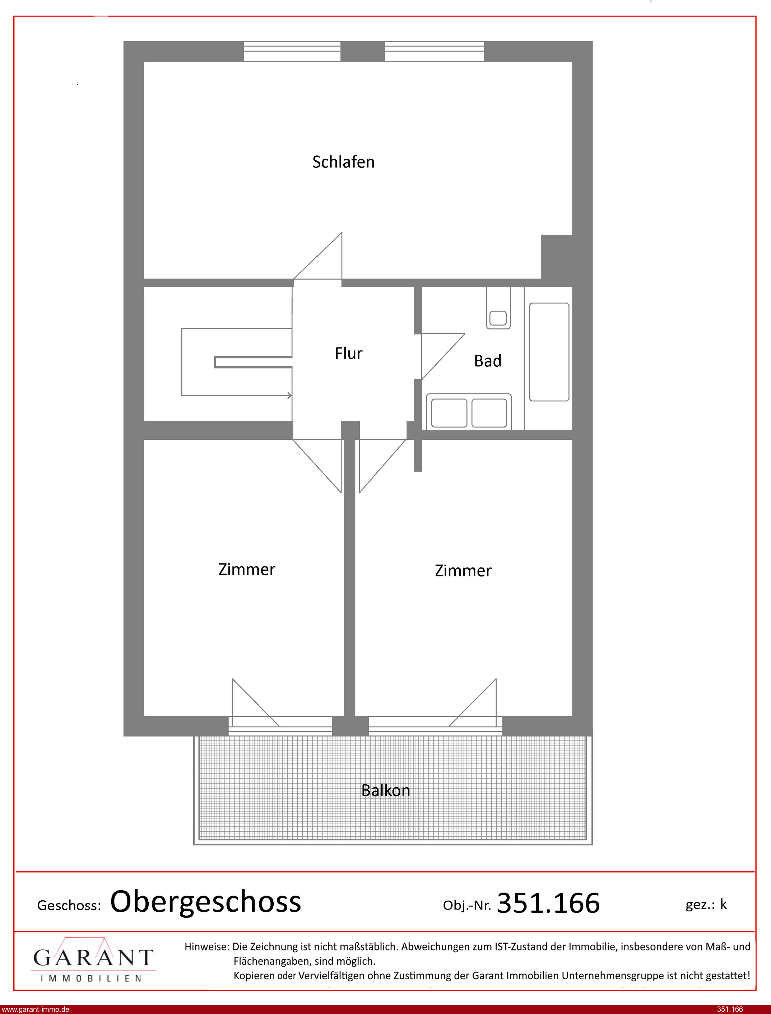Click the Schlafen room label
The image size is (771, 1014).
click(x=343, y=162)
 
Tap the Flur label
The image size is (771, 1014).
click(x=349, y=353)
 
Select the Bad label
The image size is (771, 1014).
click(x=487, y=361)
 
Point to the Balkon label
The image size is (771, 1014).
click(x=386, y=790)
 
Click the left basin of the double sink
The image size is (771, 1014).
click(x=449, y=413)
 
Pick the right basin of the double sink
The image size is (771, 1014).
click(x=489, y=413)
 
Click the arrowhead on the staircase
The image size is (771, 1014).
click(x=289, y=395)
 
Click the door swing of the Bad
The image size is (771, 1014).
click(x=443, y=356)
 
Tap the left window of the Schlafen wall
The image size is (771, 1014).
click(x=292, y=51)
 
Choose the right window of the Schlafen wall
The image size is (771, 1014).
click(x=434, y=51)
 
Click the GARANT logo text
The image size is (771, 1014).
click(x=93, y=957)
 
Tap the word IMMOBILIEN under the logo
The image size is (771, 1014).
click(x=91, y=978)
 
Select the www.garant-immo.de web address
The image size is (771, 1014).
click(x=35, y=1009)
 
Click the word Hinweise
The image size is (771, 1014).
click(x=206, y=946)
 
